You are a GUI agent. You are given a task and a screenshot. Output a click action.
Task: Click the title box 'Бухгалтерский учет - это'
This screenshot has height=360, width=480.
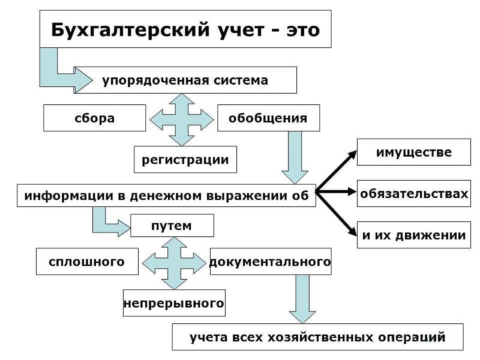click(x=185, y=29)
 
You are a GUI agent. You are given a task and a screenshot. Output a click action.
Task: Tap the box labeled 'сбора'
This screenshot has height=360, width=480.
click(x=95, y=118)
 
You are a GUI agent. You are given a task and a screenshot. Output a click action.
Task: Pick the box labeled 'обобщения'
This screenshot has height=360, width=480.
click(x=268, y=118)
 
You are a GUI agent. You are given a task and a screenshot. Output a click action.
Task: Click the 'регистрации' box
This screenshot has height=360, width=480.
click(x=185, y=160)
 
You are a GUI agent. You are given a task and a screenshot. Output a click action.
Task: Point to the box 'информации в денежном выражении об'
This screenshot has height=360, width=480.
click(x=166, y=196)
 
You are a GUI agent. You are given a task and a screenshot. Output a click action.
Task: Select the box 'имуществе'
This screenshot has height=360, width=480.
click(x=413, y=152)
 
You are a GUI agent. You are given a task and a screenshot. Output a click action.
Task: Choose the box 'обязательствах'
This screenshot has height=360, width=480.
click(x=413, y=194)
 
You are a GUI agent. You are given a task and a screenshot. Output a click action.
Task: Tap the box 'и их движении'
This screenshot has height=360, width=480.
click(x=413, y=235)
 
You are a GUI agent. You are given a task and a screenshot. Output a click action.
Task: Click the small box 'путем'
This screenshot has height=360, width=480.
click(x=172, y=226)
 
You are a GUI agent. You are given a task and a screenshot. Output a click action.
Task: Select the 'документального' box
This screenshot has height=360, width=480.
click(x=270, y=262)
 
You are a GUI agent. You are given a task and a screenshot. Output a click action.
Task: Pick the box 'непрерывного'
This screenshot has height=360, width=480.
click(x=174, y=303)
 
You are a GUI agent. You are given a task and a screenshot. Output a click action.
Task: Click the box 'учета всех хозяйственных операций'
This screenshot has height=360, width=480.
click(x=317, y=337)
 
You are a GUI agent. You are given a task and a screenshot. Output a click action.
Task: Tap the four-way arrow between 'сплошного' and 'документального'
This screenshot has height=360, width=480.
click(x=174, y=263)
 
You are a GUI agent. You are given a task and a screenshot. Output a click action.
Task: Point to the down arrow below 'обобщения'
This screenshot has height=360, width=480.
click(x=295, y=157)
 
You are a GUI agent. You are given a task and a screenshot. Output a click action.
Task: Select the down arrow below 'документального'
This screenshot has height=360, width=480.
click(x=302, y=299)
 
